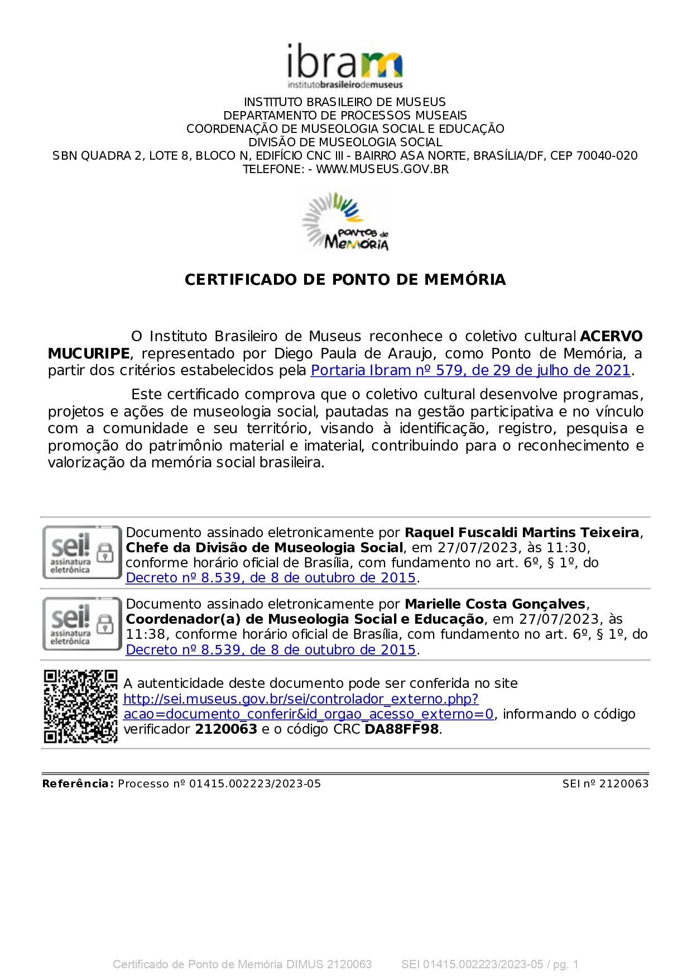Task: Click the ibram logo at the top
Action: (x=344, y=66)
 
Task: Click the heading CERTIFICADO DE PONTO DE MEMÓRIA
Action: (x=345, y=279)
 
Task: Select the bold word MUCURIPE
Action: (x=89, y=353)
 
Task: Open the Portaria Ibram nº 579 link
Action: (x=470, y=370)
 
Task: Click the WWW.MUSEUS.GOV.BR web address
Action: (x=382, y=169)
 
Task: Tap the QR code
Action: (x=81, y=706)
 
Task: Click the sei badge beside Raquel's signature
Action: (x=81, y=552)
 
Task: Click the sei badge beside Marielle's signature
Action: (x=81, y=624)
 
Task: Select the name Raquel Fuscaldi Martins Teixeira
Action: (x=522, y=533)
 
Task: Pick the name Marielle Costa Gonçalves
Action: (x=495, y=604)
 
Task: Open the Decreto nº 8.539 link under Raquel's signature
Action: (x=271, y=578)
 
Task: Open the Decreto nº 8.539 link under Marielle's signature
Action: (x=271, y=650)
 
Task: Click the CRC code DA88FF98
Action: (x=402, y=729)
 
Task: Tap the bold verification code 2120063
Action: (x=225, y=729)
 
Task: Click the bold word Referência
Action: (x=78, y=784)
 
